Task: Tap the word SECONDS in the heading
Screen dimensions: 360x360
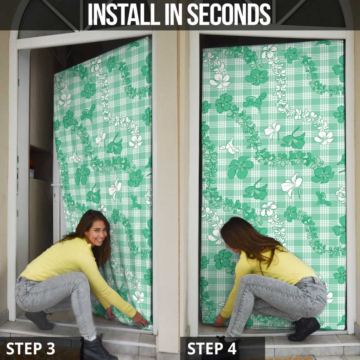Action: [x=229, y=14]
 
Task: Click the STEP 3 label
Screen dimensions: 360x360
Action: [x=31, y=348]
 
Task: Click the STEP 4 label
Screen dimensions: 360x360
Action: [x=212, y=348]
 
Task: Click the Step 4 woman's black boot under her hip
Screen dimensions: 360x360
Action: [x=304, y=329]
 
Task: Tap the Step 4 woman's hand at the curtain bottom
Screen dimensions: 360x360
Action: [x=219, y=321]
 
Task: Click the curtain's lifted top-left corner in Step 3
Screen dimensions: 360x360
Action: [x=54, y=74]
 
